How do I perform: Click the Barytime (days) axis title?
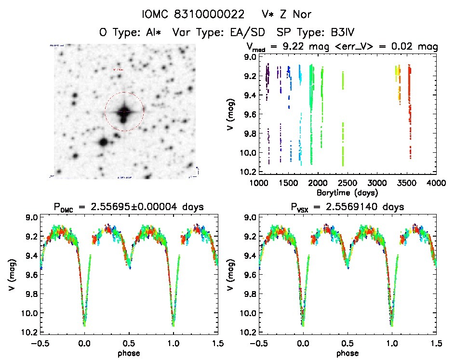click(348, 192)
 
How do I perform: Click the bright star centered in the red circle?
click(124, 112)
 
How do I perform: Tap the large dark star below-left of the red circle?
click(103, 142)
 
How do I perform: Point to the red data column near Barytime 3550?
click(410, 111)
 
